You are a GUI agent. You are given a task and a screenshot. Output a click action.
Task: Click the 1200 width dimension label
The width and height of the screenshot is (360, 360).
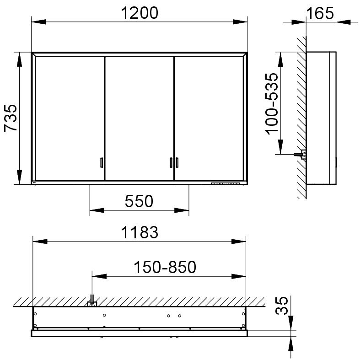(140, 13)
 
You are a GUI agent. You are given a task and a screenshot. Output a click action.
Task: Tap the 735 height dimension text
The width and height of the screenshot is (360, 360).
(11, 118)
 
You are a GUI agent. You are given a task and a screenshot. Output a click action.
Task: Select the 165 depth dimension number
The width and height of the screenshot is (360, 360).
(320, 13)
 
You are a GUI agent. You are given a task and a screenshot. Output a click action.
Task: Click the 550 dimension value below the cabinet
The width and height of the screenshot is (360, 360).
(139, 201)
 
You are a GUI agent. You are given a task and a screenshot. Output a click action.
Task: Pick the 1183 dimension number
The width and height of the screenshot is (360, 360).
(140, 232)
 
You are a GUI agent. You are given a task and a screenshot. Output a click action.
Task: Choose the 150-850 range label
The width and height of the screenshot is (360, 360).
(165, 267)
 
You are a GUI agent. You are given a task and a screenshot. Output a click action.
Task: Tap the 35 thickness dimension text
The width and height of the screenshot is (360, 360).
(281, 306)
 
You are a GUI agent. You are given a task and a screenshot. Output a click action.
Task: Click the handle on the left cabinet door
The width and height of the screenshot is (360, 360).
(102, 162)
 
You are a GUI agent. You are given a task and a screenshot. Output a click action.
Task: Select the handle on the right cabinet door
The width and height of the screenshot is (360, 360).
(177, 162)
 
